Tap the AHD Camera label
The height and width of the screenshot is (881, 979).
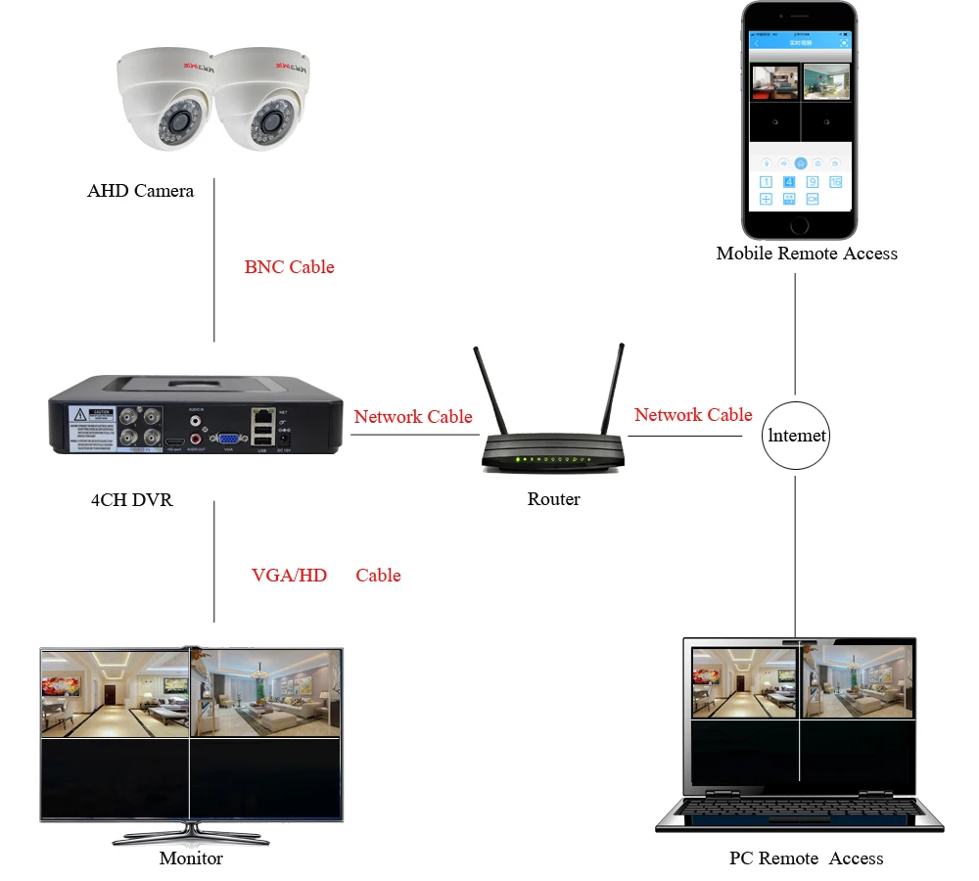click(140, 191)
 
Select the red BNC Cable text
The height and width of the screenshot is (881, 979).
click(289, 267)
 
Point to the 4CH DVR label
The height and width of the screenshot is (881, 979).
click(131, 500)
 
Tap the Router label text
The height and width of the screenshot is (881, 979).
click(553, 499)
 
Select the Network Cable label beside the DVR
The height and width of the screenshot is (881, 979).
click(413, 417)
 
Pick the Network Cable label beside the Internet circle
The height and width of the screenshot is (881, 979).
click(693, 415)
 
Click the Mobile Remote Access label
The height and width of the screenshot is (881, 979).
click(807, 254)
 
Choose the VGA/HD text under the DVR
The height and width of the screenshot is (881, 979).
click(289, 576)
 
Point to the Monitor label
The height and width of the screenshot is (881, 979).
click(191, 858)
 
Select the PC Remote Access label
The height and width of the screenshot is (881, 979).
click(806, 858)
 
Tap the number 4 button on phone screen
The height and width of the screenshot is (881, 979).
click(788, 182)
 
